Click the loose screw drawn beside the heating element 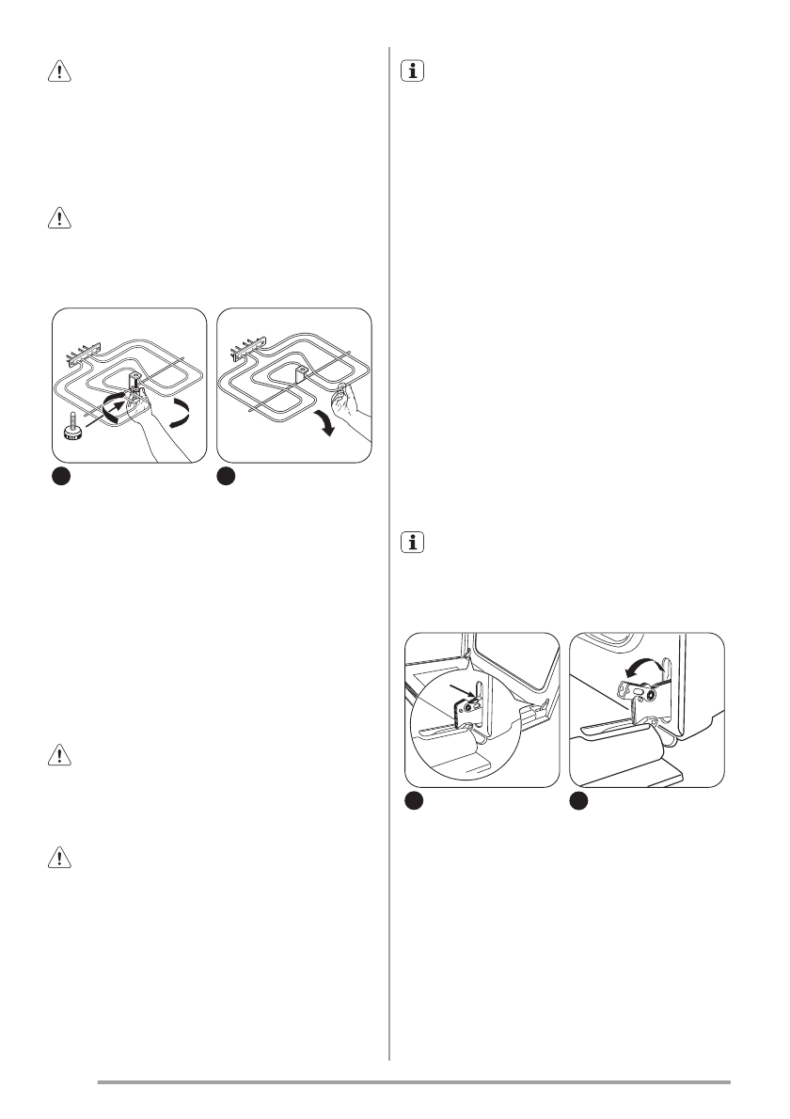click(x=71, y=428)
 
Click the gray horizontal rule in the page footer click(x=414, y=1081)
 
